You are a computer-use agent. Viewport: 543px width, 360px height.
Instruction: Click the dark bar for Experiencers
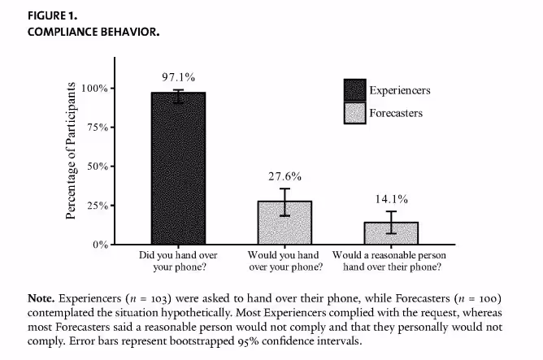[178, 168]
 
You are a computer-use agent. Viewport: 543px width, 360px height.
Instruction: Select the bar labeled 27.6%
[285, 223]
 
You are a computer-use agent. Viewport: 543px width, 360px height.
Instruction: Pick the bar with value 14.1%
[392, 233]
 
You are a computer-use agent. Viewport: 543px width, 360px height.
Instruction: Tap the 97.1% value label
[178, 77]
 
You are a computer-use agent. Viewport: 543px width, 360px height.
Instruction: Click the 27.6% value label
[285, 176]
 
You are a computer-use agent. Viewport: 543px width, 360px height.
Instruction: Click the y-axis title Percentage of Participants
[72, 150]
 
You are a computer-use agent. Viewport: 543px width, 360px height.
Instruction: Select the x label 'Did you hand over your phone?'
[178, 260]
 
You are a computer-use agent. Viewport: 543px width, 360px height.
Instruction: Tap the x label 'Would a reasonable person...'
[392, 260]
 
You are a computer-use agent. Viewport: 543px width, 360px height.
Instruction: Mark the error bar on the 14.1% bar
[392, 222]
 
